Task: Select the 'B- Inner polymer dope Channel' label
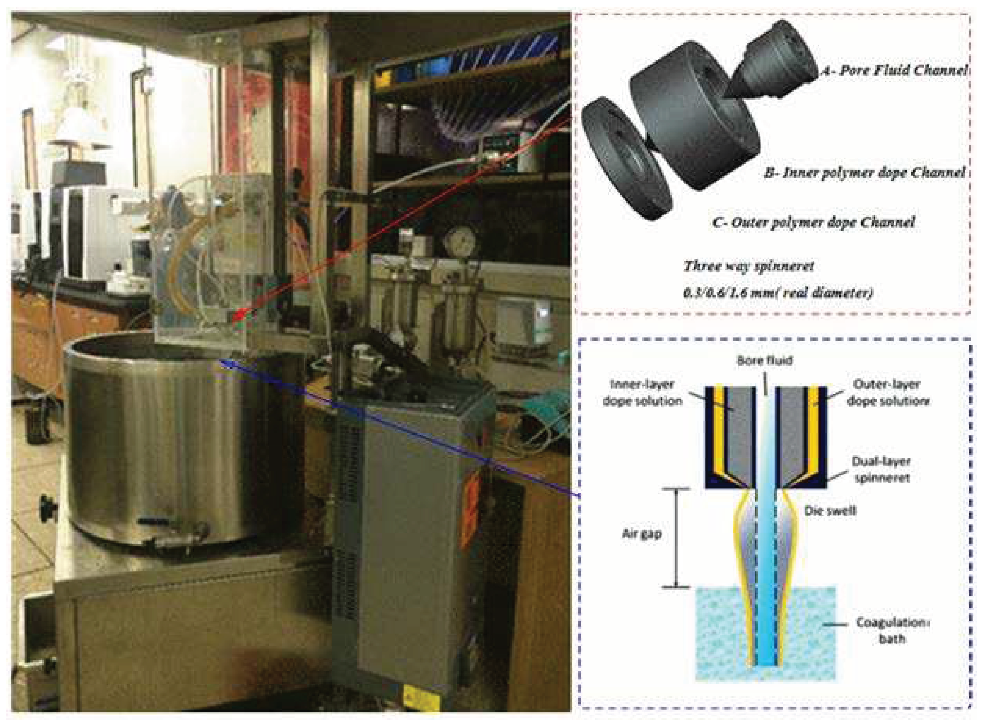click(864, 172)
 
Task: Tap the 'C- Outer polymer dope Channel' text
click(813, 223)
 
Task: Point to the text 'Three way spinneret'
click(748, 266)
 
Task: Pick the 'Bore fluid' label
click(765, 361)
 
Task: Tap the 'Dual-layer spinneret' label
click(881, 469)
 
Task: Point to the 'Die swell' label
click(830, 511)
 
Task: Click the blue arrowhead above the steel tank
click(225, 363)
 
